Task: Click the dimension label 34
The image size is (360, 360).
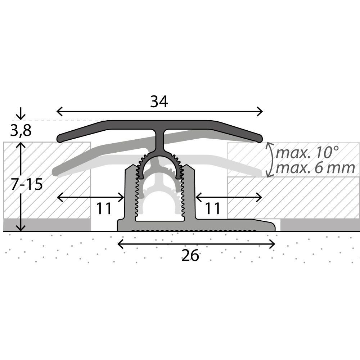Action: pos(159,102)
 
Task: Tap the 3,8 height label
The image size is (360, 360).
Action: pos(21,131)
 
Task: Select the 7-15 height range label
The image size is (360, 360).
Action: pos(27,184)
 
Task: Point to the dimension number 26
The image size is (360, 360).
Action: pos(190,255)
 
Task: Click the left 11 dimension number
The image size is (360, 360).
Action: pos(104,208)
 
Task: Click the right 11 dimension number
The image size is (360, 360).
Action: pos(212,208)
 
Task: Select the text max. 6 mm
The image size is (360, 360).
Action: pos(315,168)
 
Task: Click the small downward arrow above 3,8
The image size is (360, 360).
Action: pos(21,113)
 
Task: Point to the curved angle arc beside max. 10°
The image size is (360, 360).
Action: pos(271,160)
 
